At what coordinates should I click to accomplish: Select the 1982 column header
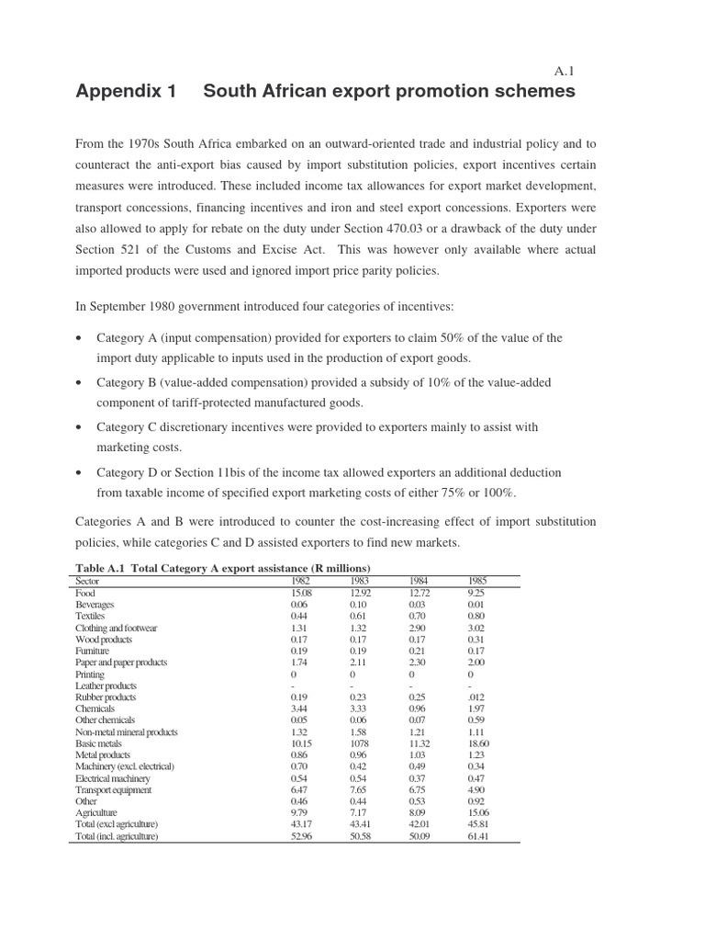pos(300,581)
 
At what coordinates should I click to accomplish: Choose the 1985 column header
pos(477,581)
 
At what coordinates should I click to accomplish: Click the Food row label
pos(85,593)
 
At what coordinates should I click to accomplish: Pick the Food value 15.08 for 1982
pos(301,593)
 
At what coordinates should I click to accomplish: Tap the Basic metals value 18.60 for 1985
pos(478,743)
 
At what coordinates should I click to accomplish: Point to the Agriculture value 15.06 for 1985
pos(478,812)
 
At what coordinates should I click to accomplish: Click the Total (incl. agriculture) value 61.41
pos(478,836)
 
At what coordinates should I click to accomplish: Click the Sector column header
pos(87,581)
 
